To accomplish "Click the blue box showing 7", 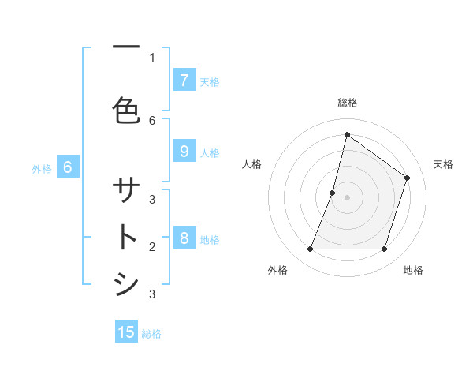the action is pos(184,81).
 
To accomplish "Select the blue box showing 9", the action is pos(184,152).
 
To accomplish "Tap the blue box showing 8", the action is pos(184,238).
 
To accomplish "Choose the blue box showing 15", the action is pos(126,332).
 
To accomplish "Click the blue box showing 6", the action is pos(68,167).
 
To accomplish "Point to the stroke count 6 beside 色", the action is pos(152,120).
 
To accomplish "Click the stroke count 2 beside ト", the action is pos(152,246).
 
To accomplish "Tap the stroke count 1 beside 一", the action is pos(152,57).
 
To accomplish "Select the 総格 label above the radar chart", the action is pos(347,103).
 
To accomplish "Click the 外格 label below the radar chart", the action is pos(277,270).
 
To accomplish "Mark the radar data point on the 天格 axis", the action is pos(407,178).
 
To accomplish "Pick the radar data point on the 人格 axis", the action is pos(333,193).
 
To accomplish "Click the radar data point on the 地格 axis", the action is pos(384,249).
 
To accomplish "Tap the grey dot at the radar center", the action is pos(347,197).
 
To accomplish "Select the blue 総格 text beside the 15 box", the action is pos(151,333).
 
